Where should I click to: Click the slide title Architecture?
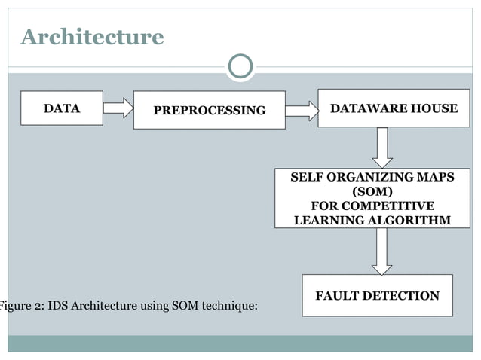point(91,36)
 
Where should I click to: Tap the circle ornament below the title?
point(240,67)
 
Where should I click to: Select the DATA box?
point(62,108)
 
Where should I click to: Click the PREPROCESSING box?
point(210,111)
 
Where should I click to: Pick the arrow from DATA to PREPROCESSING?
point(118,108)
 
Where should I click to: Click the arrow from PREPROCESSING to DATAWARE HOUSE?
point(302,111)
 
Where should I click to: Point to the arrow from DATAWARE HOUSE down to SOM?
point(382,147)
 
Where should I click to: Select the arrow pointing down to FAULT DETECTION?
point(382,252)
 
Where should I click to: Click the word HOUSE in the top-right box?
point(433,108)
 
